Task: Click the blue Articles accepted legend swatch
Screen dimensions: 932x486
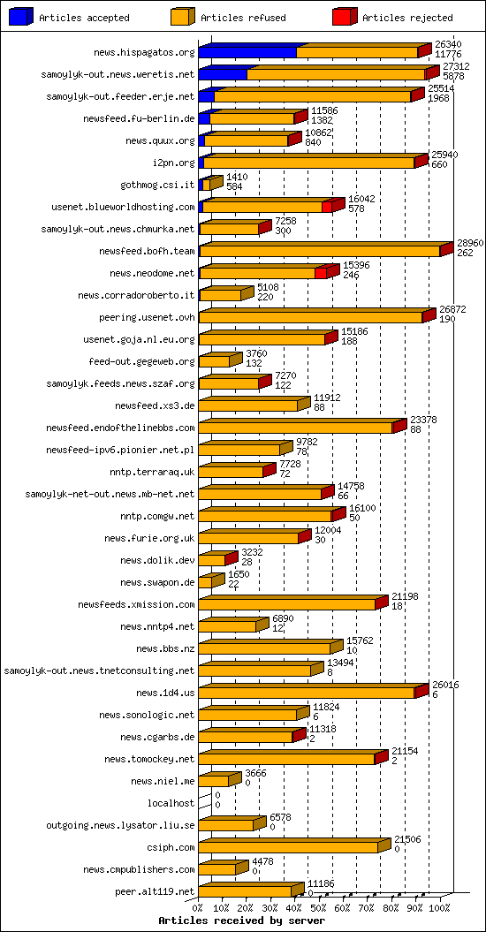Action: pyautogui.click(x=21, y=17)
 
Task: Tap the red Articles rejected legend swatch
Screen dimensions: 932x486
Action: pyautogui.click(x=344, y=17)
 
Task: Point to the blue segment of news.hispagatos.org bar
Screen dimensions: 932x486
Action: pyautogui.click(x=247, y=52)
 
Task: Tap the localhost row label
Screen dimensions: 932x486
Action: pyautogui.click(x=171, y=803)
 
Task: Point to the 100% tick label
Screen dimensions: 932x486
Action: pyautogui.click(x=439, y=907)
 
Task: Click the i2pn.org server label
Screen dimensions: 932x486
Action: pyautogui.click(x=173, y=163)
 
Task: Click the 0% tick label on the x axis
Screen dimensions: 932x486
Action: pyautogui.click(x=198, y=907)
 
